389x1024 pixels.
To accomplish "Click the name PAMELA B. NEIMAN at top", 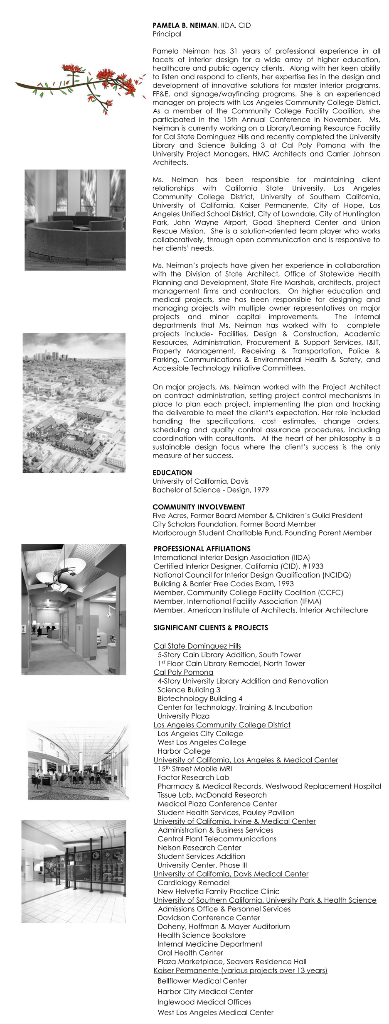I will tap(185, 25).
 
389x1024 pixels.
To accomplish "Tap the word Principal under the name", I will tap(167, 34).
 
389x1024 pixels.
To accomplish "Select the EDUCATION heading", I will tap(172, 473).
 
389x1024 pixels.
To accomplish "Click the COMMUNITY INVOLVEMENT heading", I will tap(199, 507).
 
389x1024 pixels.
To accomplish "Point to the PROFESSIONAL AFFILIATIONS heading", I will tap(202, 549).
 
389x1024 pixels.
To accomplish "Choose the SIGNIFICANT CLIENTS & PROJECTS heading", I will tap(211, 627).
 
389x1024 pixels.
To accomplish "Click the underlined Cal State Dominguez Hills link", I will tap(197, 646).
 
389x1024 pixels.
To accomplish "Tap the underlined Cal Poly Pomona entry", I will tap(183, 672).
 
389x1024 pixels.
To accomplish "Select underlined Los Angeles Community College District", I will tap(222, 725).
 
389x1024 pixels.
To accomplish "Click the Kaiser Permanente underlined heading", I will tap(240, 970).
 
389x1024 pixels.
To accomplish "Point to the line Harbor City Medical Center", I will tap(205, 991).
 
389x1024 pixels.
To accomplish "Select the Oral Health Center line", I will tap(190, 953).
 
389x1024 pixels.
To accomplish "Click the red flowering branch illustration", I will tap(81, 85).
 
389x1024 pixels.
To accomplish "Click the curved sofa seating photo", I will tap(75, 220).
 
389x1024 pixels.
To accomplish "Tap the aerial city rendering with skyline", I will tap(74, 403).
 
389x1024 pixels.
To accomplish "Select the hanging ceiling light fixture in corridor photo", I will tap(58, 575).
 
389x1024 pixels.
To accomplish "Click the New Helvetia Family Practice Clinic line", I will tap(218, 891).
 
